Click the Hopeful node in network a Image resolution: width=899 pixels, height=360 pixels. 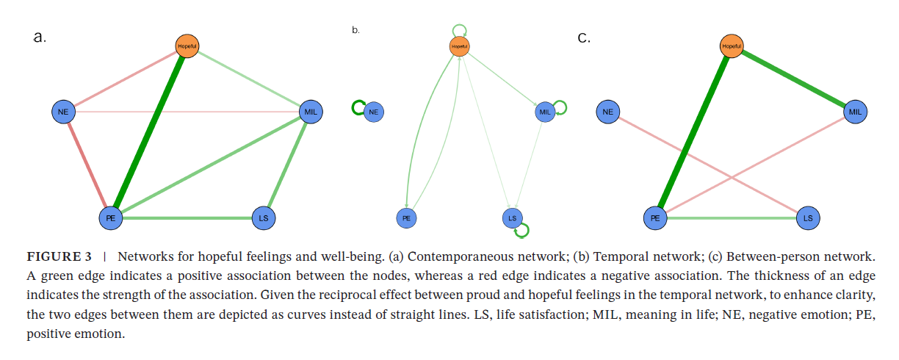pos(187,46)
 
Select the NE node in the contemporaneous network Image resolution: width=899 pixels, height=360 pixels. pos(63,112)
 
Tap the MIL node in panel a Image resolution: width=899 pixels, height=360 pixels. pos(311,112)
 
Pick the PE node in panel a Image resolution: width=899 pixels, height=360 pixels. pos(110,217)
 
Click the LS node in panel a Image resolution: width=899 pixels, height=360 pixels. pos(262,217)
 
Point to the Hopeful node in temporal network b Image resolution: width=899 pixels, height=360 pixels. pos(459,46)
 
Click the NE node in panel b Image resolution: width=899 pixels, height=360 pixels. pos(374,112)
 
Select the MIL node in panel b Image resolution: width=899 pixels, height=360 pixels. pos(545,112)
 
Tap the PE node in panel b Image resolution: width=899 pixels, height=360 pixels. pos(406,217)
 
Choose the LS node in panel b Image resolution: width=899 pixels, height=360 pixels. pos(513,217)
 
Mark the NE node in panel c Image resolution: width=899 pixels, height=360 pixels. pos(607,112)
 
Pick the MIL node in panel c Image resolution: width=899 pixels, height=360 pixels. pos(855,112)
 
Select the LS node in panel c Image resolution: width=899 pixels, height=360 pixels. pos(807,217)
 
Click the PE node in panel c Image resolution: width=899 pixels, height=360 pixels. pos(654,217)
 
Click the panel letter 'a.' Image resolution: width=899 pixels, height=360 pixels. pos(40,37)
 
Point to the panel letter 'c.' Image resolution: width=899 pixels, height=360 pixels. pos(584,38)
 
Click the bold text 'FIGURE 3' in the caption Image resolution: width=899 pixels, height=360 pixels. pos(59,257)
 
